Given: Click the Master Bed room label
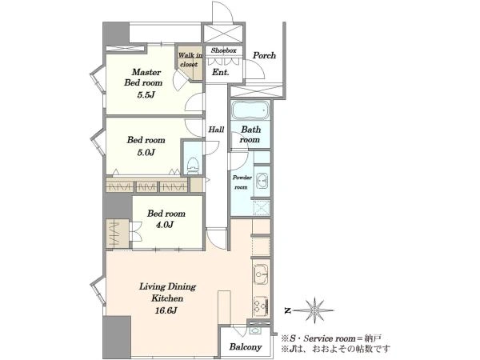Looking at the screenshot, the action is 143,78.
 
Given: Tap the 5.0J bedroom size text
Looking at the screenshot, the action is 146,152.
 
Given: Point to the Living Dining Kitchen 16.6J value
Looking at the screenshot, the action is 166,310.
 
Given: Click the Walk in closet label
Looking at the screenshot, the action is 190,60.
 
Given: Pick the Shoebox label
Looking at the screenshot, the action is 223,50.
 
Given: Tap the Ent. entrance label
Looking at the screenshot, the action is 221,72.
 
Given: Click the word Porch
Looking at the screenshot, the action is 264,55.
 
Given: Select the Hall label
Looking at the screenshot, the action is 216,130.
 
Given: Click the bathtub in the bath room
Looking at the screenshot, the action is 250,110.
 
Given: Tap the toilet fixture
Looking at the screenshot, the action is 193,166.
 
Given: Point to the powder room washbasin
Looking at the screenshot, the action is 262,180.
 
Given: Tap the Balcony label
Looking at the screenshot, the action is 246,347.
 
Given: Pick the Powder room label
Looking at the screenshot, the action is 242,182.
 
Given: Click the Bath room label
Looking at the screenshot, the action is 250,134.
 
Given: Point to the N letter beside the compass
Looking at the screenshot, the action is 287,310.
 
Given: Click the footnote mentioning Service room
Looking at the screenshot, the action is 331,338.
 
